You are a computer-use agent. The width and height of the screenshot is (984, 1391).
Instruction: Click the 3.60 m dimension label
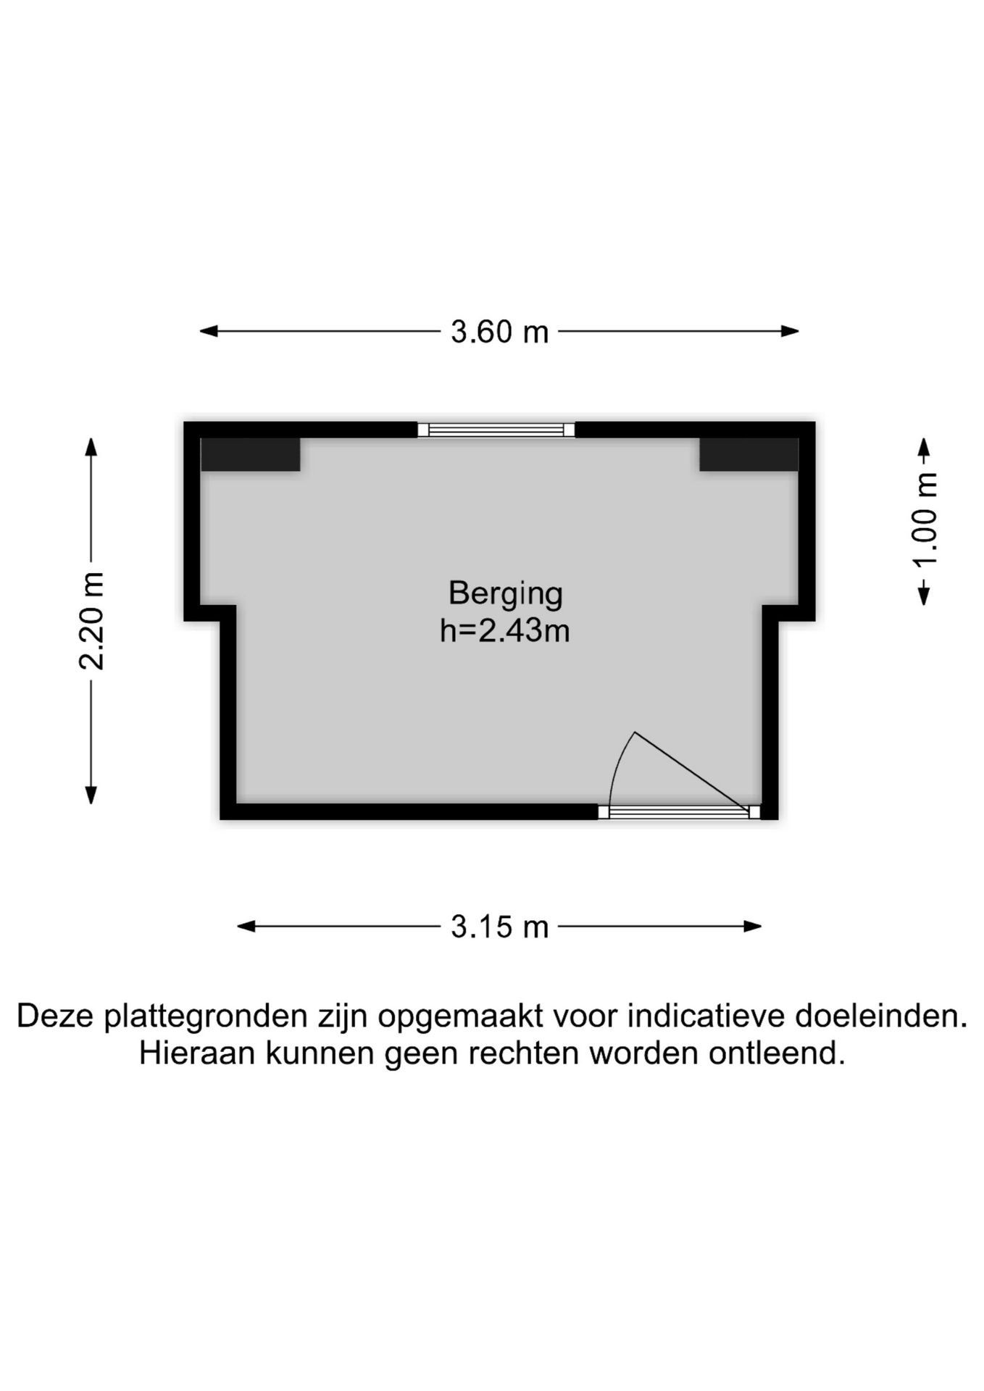pyautogui.click(x=499, y=332)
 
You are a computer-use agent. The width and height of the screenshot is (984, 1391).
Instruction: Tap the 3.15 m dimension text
pyautogui.click(x=499, y=927)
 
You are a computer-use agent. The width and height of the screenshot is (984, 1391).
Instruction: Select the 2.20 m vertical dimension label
pyautogui.click(x=91, y=621)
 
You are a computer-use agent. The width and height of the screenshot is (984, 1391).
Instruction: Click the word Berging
pyautogui.click(x=505, y=593)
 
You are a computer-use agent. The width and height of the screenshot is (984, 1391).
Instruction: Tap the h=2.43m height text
pyautogui.click(x=505, y=631)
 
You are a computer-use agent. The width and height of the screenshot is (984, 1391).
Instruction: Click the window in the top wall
pyautogui.click(x=496, y=430)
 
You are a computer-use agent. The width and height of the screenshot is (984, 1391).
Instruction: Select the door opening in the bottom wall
pyautogui.click(x=679, y=813)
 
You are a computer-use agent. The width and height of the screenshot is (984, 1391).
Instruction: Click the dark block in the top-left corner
pyautogui.click(x=251, y=454)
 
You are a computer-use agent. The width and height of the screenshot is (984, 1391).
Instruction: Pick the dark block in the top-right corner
pyautogui.click(x=749, y=454)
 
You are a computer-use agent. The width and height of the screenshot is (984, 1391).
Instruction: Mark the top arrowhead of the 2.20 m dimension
pyautogui.click(x=91, y=446)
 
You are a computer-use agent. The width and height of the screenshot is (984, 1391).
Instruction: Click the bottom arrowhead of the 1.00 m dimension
pyautogui.click(x=924, y=596)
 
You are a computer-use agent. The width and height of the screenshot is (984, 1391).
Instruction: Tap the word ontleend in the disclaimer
pyautogui.click(x=776, y=1053)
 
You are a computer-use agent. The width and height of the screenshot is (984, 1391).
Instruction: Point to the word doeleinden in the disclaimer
pyautogui.click(x=881, y=1016)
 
